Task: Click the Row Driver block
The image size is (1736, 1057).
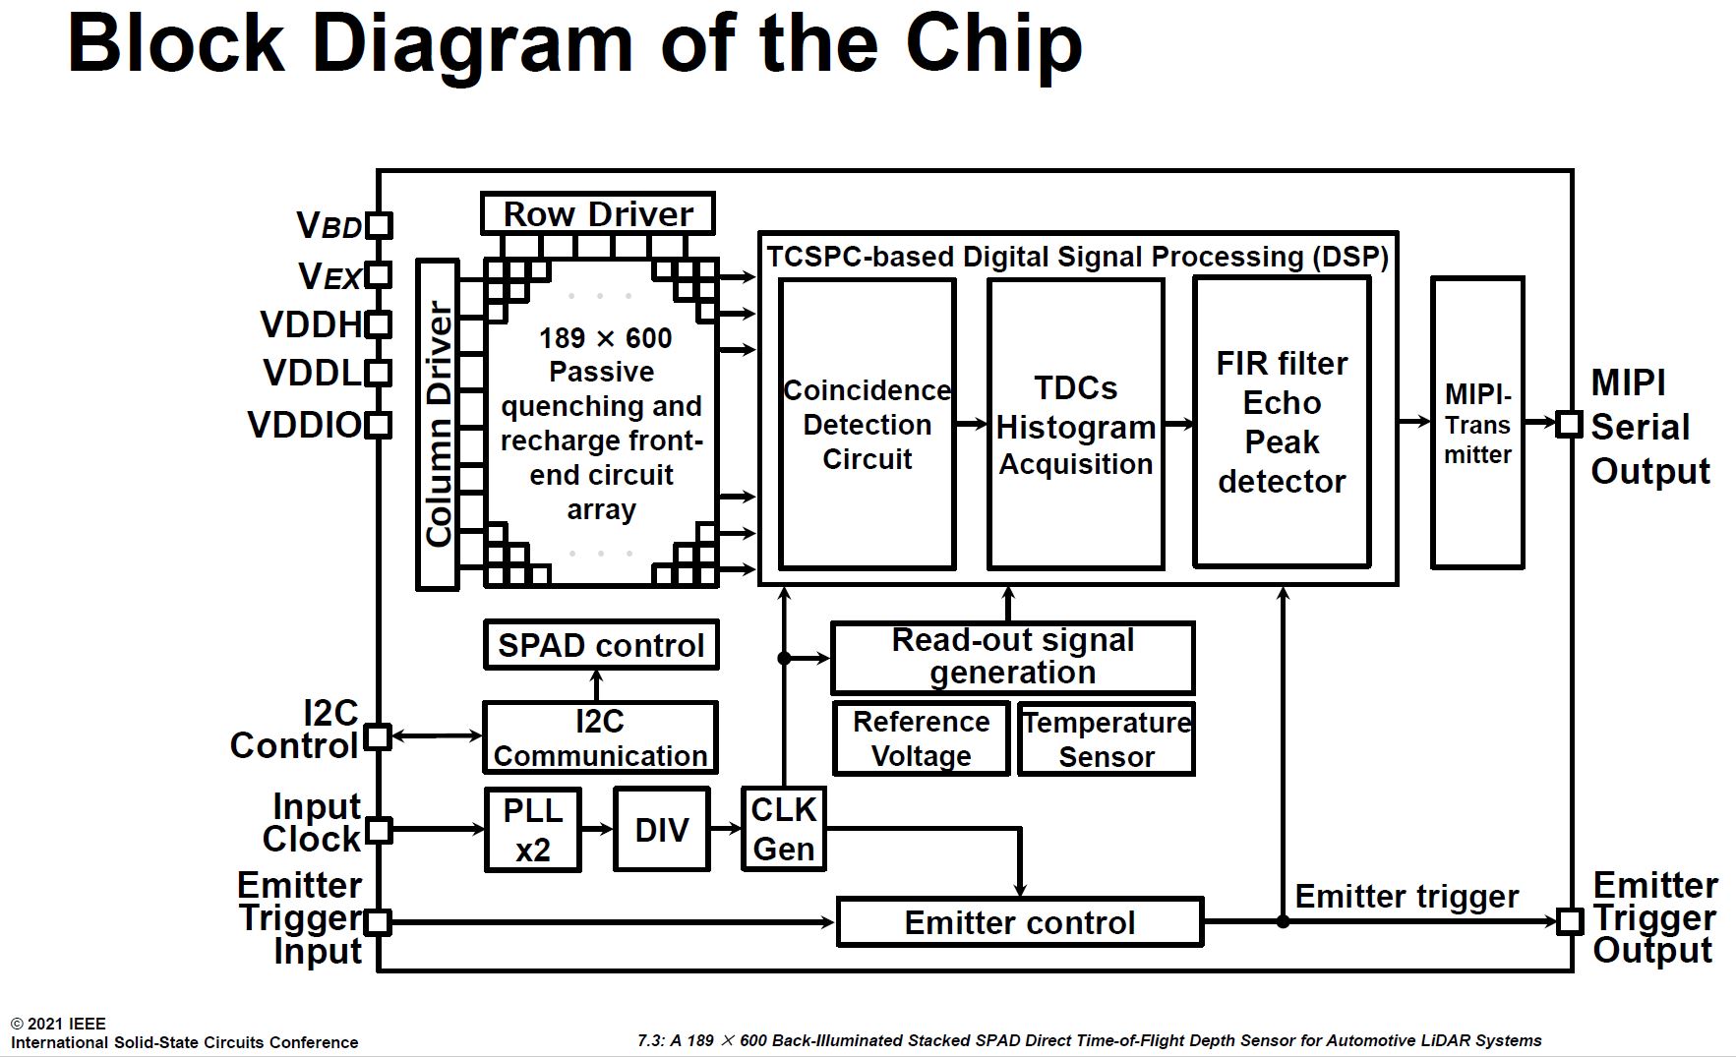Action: click(x=597, y=213)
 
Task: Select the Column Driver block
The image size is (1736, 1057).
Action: click(x=438, y=425)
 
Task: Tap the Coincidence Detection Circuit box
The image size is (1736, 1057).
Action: click(x=867, y=425)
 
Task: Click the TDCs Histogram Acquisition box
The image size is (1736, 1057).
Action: click(x=1075, y=425)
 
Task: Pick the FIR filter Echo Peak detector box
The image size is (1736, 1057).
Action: click(x=1281, y=423)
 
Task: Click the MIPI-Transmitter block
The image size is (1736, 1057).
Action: click(x=1476, y=423)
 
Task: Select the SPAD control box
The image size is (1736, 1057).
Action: click(x=601, y=645)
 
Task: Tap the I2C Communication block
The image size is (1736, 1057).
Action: click(x=600, y=737)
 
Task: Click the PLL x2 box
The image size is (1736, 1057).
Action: click(x=532, y=830)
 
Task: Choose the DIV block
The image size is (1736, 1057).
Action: click(x=661, y=830)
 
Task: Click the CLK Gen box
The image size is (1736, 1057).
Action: click(x=783, y=830)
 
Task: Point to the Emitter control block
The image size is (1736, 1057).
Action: click(x=1019, y=922)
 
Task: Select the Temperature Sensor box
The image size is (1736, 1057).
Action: click(x=1106, y=739)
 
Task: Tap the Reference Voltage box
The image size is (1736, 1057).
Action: click(x=921, y=739)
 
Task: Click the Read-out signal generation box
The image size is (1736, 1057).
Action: click(x=1012, y=657)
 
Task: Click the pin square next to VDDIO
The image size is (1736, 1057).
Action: click(x=378, y=425)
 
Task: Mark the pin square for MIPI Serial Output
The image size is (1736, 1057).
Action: click(x=1569, y=424)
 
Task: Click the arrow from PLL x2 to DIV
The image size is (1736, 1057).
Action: click(x=597, y=830)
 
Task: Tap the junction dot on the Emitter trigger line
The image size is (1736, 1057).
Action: click(x=1283, y=921)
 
